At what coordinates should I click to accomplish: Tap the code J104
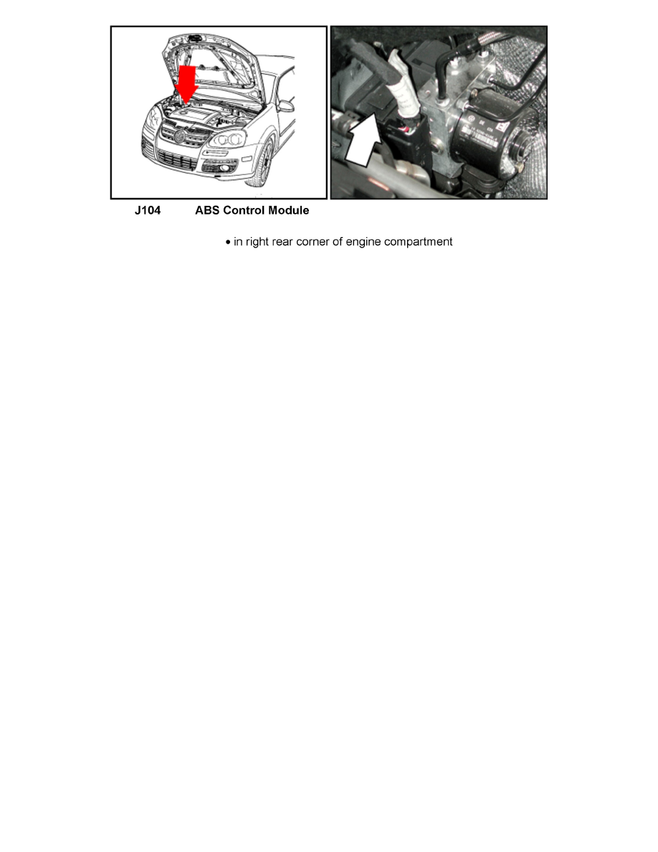coord(148,211)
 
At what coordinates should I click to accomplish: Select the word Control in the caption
coord(245,211)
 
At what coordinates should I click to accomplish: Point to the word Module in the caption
coord(289,211)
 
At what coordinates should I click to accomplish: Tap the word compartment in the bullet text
coord(418,242)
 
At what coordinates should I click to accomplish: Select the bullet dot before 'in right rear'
coord(228,242)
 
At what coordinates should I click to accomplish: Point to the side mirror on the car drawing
coord(286,105)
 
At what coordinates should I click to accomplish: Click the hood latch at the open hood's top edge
coord(194,36)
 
